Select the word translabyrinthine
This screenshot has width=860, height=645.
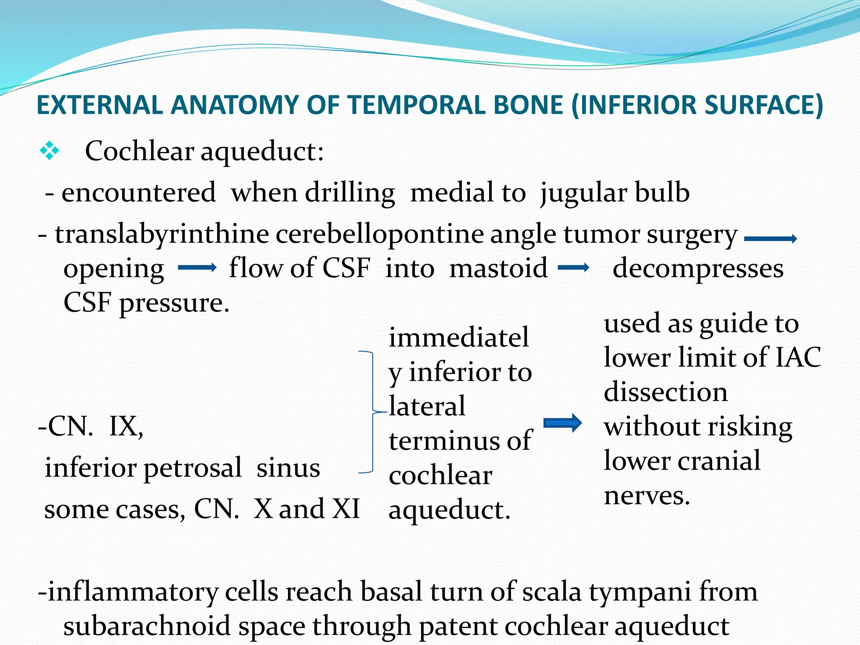pyautogui.click(x=162, y=234)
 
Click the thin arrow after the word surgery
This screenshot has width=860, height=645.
pyautogui.click(x=770, y=239)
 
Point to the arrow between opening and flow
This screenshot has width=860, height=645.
pyautogui.click(x=197, y=267)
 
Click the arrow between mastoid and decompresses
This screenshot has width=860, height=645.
pyautogui.click(x=574, y=267)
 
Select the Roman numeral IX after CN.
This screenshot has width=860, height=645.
pyautogui.click(x=126, y=427)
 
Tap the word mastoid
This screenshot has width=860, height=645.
pyautogui.click(x=498, y=268)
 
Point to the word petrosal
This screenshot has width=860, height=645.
pyautogui.click(x=193, y=468)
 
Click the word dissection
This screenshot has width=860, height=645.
pyautogui.click(x=666, y=392)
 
